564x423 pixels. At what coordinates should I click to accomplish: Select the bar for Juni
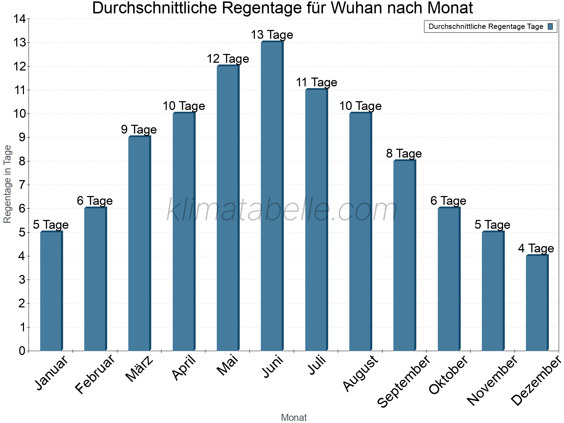[272, 196]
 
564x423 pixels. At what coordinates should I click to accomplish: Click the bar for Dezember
[537, 303]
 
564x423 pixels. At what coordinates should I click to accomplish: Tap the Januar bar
[51, 291]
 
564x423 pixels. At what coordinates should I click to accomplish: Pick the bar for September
[404, 255]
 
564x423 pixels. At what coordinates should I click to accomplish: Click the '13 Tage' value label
[272, 35]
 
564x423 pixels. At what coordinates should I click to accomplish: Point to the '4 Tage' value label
[536, 249]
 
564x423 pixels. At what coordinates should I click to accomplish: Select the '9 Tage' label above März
[139, 130]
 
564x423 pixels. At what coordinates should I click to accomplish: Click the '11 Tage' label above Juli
[316, 82]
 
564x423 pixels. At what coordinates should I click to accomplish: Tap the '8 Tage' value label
[404, 154]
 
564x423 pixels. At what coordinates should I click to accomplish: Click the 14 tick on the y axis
[20, 19]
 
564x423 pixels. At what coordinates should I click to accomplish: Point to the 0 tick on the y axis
[22, 351]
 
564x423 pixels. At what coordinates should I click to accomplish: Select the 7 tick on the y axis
[22, 185]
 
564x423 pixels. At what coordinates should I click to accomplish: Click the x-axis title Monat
[294, 418]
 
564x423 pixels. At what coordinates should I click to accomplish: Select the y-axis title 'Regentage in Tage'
[7, 184]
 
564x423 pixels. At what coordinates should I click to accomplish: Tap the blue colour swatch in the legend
[550, 26]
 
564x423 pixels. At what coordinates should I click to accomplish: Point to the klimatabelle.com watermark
[282, 210]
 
